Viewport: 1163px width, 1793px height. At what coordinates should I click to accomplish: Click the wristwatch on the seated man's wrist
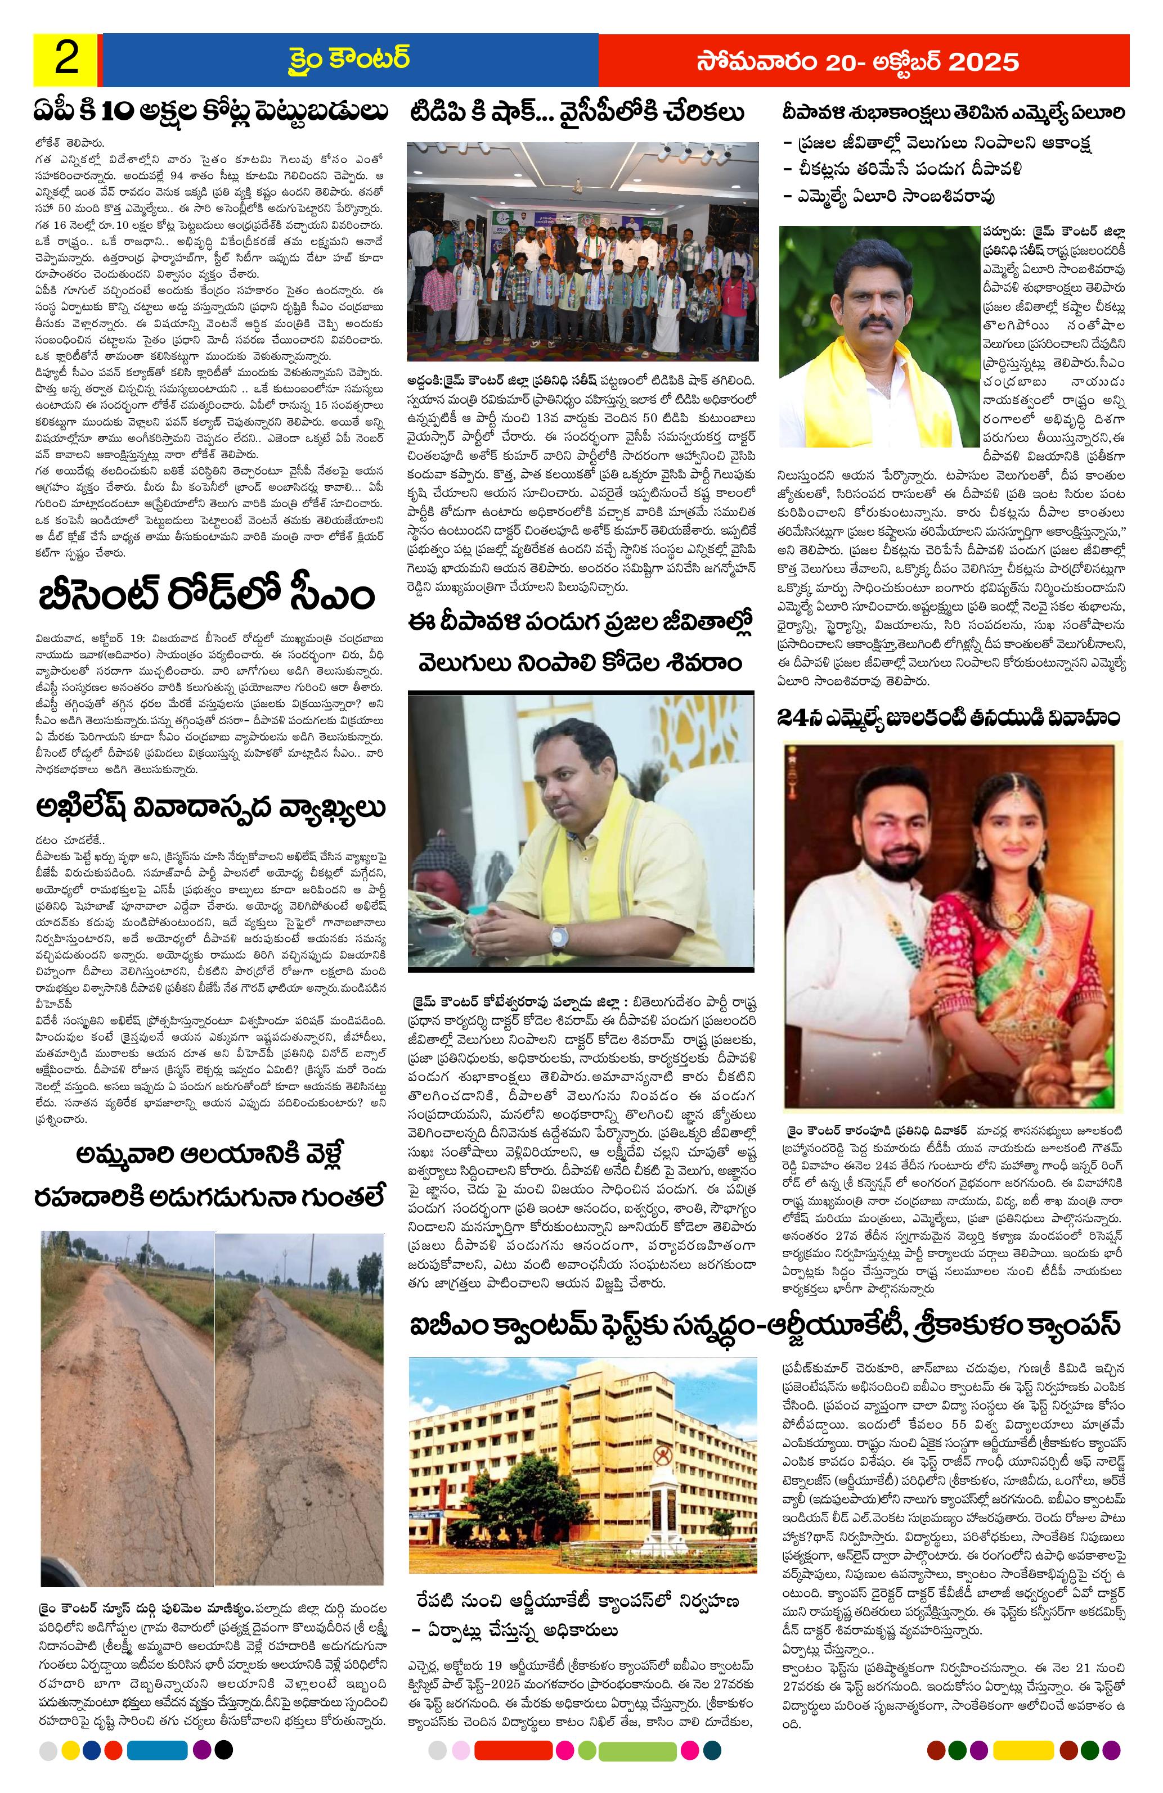click(559, 935)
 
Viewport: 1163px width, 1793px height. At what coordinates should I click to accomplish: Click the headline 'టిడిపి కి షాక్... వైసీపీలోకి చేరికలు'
click(577, 113)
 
